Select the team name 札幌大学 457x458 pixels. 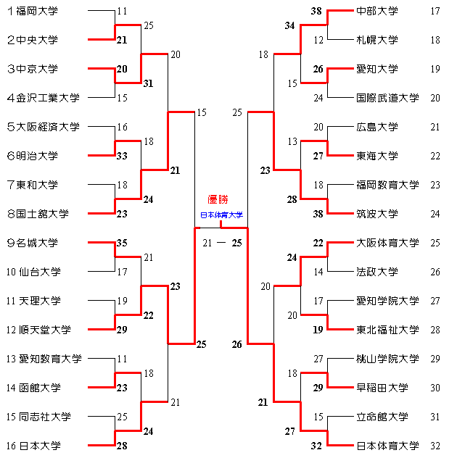377,40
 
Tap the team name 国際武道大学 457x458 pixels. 387,98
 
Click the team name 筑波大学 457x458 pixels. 377,214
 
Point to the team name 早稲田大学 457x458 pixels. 382,388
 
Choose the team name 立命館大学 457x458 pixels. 382,417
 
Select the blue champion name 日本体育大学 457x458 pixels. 221,215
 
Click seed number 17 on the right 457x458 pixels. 435,11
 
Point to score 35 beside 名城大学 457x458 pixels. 122,243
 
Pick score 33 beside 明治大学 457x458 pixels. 122,156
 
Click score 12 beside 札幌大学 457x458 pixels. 318,40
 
